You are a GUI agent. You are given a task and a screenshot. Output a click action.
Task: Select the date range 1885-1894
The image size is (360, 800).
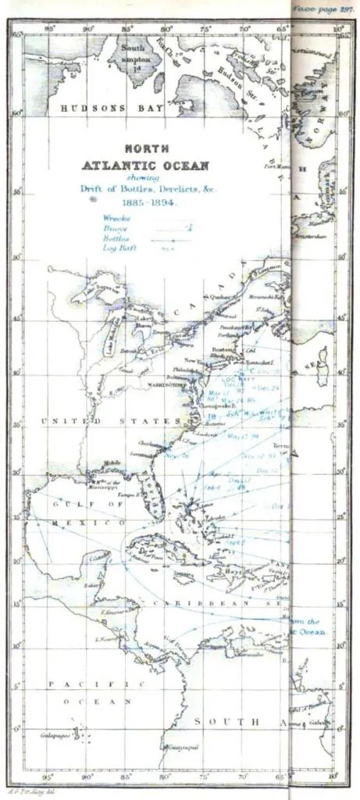(145, 201)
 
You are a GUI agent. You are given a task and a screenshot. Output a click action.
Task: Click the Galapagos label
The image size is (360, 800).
(55, 736)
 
